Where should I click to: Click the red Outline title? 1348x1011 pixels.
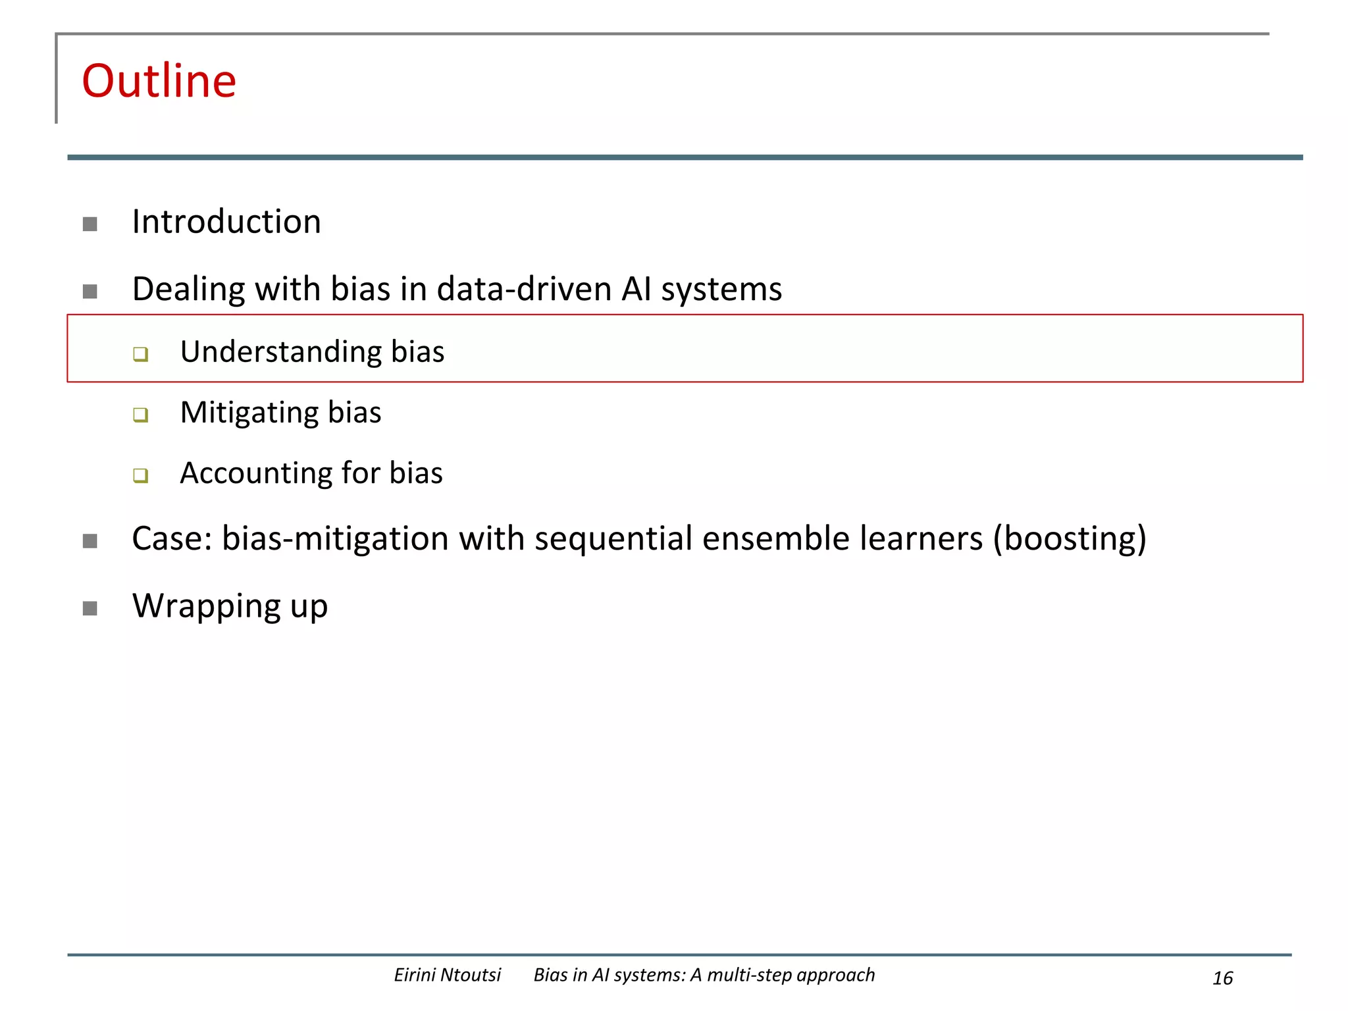coord(159,81)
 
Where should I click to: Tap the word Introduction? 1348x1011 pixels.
coord(226,222)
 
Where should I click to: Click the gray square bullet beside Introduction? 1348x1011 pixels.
coord(90,224)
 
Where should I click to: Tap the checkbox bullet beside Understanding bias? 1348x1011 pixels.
coord(140,354)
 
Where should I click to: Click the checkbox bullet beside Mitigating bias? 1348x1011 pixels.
coord(140,415)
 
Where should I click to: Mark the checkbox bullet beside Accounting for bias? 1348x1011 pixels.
coord(140,475)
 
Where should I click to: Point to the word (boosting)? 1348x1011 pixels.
coord(1070,539)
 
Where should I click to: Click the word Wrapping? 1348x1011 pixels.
coord(206,606)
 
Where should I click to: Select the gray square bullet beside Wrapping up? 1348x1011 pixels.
coord(90,608)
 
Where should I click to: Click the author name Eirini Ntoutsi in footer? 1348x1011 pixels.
coord(447,975)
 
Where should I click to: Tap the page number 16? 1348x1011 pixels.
coord(1222,978)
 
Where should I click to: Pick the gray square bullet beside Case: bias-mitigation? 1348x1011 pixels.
coord(90,541)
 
